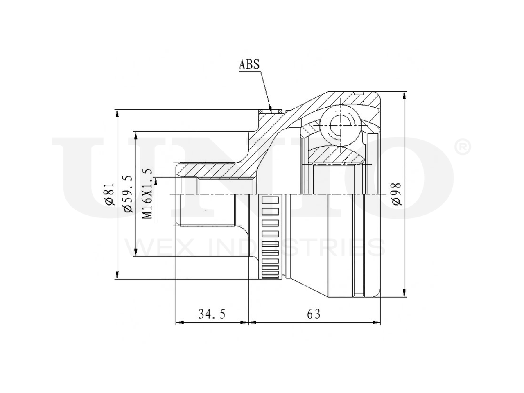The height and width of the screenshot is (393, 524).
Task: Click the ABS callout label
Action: tap(249, 64)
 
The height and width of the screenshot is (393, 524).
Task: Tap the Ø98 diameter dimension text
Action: tap(397, 194)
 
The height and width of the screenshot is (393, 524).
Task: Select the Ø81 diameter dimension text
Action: tap(109, 194)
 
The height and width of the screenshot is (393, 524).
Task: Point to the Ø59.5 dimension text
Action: tap(127, 193)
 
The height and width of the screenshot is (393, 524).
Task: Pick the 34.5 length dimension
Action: tap(212, 314)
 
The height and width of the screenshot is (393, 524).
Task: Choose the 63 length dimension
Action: tap(314, 314)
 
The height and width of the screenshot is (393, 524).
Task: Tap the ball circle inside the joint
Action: tap(340, 126)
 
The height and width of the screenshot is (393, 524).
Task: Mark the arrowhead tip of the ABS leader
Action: tap(272, 113)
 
